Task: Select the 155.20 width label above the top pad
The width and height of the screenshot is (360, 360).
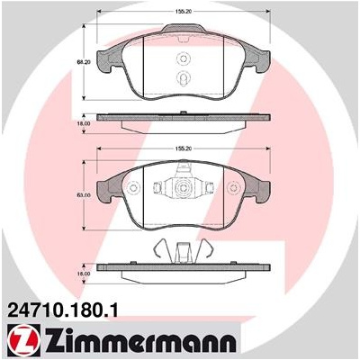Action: pos(182,12)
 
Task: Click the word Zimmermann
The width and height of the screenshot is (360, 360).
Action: pos(140,341)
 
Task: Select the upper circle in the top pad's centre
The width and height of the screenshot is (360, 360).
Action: pos(183,58)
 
